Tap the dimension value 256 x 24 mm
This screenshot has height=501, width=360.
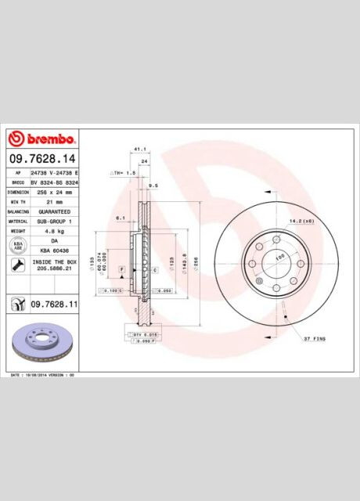(x=51, y=191)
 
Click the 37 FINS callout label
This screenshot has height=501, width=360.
(x=314, y=339)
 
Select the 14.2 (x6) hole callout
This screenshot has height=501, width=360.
(x=302, y=222)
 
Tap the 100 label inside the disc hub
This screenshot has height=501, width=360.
(x=279, y=256)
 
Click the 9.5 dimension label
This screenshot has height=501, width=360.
(x=153, y=186)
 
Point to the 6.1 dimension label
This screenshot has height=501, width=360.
(x=120, y=217)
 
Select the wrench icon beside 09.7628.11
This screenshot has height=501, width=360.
(x=16, y=303)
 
